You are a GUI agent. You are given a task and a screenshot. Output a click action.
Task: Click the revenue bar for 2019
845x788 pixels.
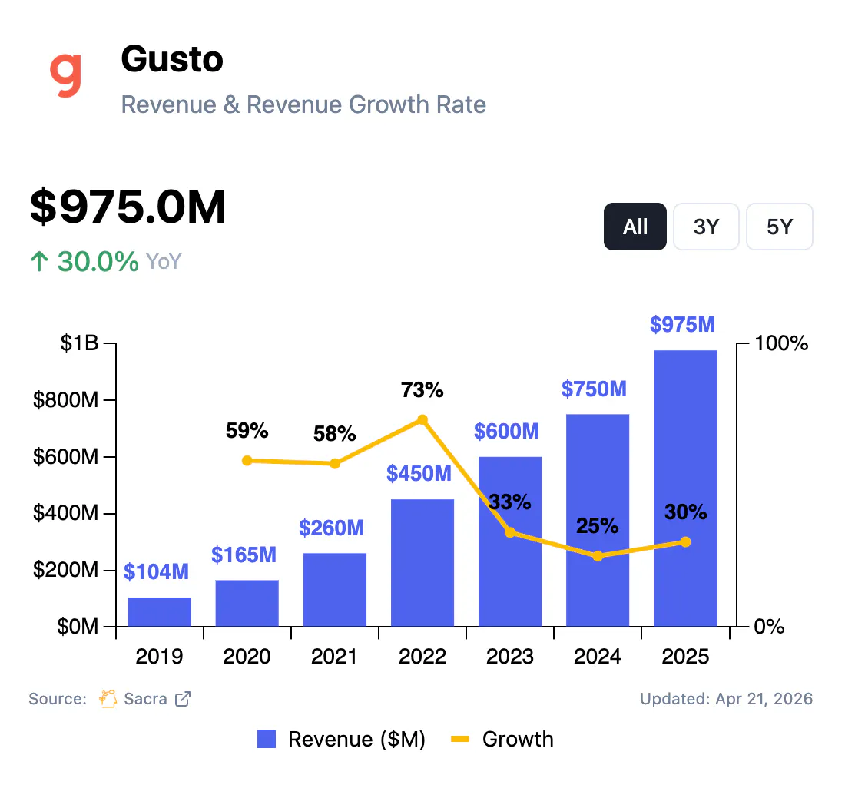pos(159,611)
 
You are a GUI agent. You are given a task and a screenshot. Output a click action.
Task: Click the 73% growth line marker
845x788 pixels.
pos(422,420)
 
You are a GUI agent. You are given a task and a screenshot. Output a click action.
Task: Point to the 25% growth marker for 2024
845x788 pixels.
pos(598,556)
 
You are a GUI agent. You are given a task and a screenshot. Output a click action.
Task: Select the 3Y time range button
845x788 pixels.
pos(706,227)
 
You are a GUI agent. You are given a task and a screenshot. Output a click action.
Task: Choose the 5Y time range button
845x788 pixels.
pos(779,227)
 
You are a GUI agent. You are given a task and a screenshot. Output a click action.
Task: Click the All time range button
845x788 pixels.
pos(635,227)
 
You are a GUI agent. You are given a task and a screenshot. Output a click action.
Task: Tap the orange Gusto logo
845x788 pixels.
pos(66,74)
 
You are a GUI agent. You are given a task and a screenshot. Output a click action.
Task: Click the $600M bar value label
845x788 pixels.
pos(506,431)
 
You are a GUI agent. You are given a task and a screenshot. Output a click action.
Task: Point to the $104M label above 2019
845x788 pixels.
pos(156,571)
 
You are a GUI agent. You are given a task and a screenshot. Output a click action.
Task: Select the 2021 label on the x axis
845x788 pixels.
pos(335,657)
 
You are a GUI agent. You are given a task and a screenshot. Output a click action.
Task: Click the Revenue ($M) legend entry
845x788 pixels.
pos(341,739)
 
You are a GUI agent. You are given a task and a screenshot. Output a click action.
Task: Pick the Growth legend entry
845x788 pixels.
pos(502,739)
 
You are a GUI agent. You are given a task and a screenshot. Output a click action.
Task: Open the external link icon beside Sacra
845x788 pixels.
pos(183,699)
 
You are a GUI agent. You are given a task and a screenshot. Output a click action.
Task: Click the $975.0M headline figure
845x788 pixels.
pos(128,207)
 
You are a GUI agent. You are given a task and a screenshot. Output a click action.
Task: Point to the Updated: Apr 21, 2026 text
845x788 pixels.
pos(726,699)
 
